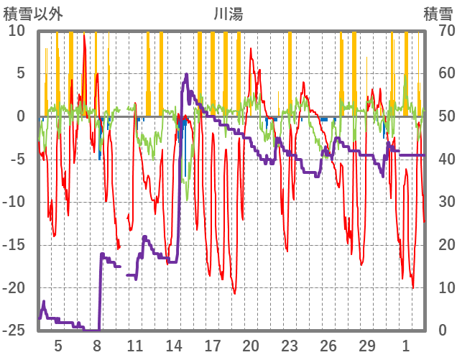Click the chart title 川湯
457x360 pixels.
(x=228, y=13)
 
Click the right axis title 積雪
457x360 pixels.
(x=438, y=13)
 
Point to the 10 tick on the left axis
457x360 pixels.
(x=17, y=31)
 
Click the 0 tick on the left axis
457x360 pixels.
(x=20, y=116)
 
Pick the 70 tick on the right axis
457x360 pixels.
(x=438, y=31)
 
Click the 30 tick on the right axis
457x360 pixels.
(x=438, y=202)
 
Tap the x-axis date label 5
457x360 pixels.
(x=58, y=346)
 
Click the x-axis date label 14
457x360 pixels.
(x=174, y=346)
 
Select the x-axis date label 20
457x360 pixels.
(x=251, y=346)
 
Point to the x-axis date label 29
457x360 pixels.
(x=366, y=346)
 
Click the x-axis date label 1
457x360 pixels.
(x=406, y=346)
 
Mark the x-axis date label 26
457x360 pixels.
(x=328, y=346)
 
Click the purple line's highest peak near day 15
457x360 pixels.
(x=187, y=74)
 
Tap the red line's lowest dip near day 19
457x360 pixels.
(x=234, y=293)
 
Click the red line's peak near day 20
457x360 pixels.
(x=251, y=49)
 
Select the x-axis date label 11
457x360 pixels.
(x=135, y=346)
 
